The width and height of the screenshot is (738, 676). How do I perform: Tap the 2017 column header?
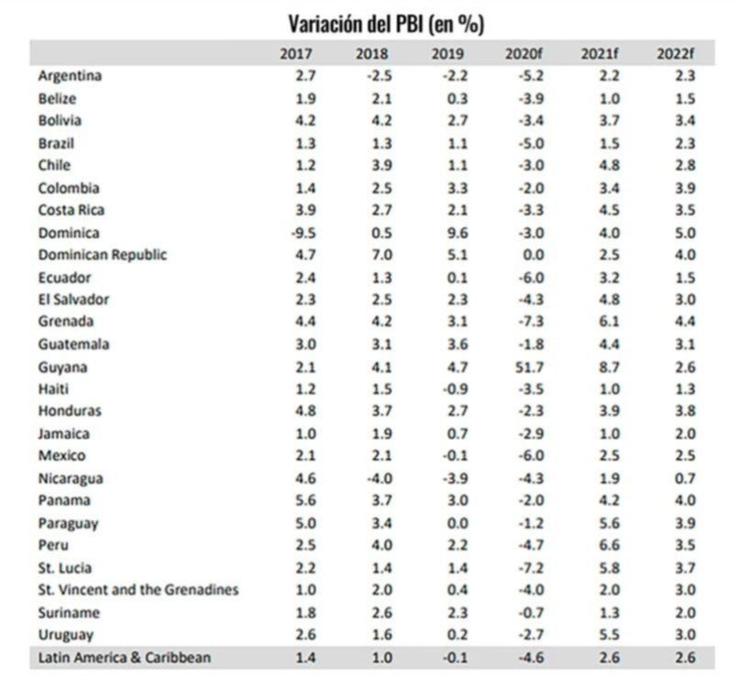pos(296,53)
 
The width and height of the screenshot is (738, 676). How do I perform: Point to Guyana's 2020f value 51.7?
pos(523,367)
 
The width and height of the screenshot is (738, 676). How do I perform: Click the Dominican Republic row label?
pos(102,255)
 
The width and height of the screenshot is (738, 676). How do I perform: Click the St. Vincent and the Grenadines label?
pos(138,590)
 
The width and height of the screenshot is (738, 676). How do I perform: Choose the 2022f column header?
pos(674,53)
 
